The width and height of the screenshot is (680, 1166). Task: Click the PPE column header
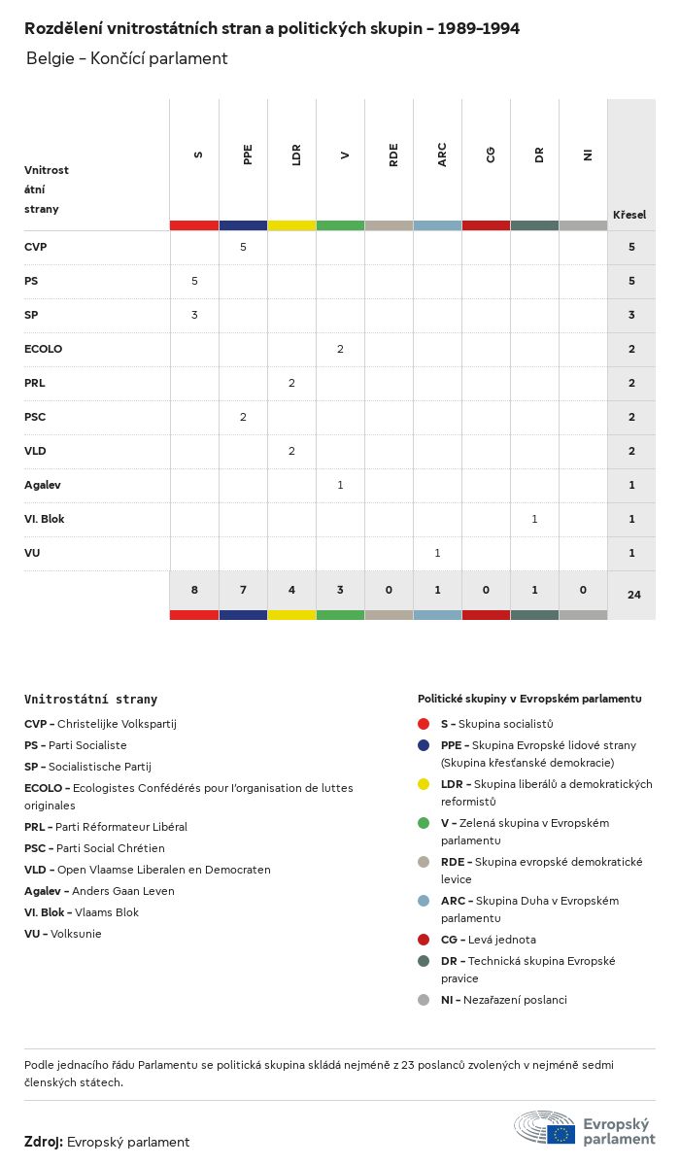pyautogui.click(x=248, y=154)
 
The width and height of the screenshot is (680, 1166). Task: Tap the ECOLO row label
pyautogui.click(x=43, y=349)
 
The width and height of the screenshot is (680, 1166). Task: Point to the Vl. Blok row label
pyautogui.click(x=44, y=519)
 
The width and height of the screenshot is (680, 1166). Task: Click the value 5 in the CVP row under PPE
pyautogui.click(x=243, y=247)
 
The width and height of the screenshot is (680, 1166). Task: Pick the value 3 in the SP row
pyautogui.click(x=194, y=315)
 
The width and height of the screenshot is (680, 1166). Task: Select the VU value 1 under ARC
pyautogui.click(x=437, y=553)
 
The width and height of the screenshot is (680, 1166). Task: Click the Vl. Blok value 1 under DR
pyautogui.click(x=534, y=519)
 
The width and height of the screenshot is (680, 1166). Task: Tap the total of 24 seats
pyautogui.click(x=633, y=594)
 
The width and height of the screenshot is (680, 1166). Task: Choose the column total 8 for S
pyautogui.click(x=194, y=589)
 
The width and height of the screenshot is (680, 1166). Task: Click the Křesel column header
pyautogui.click(x=629, y=215)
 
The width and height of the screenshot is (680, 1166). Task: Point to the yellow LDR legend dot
pyautogui.click(x=424, y=784)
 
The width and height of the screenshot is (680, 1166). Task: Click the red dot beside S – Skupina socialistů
pyautogui.click(x=424, y=724)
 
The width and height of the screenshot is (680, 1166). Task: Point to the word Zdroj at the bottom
pyautogui.click(x=44, y=1142)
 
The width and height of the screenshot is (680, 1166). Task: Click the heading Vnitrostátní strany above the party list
pyautogui.click(x=90, y=699)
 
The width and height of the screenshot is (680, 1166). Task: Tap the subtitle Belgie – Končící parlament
pyautogui.click(x=126, y=58)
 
